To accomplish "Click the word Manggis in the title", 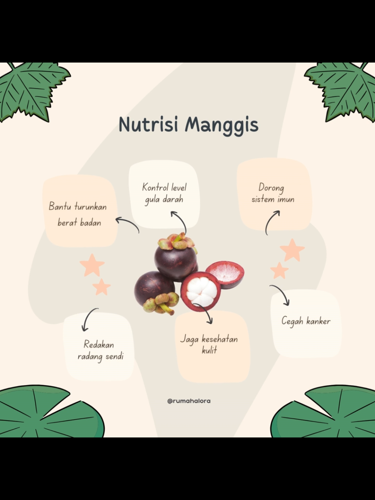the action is [x=222, y=126].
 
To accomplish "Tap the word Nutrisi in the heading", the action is [x=148, y=125].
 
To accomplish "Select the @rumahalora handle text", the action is [x=189, y=401].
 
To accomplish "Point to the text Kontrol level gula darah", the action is [x=164, y=194].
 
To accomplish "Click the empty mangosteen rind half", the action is [x=225, y=275].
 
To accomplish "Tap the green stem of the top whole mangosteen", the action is [x=179, y=238].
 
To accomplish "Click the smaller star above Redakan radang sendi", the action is [x=102, y=287].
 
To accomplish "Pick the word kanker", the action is [x=318, y=321].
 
